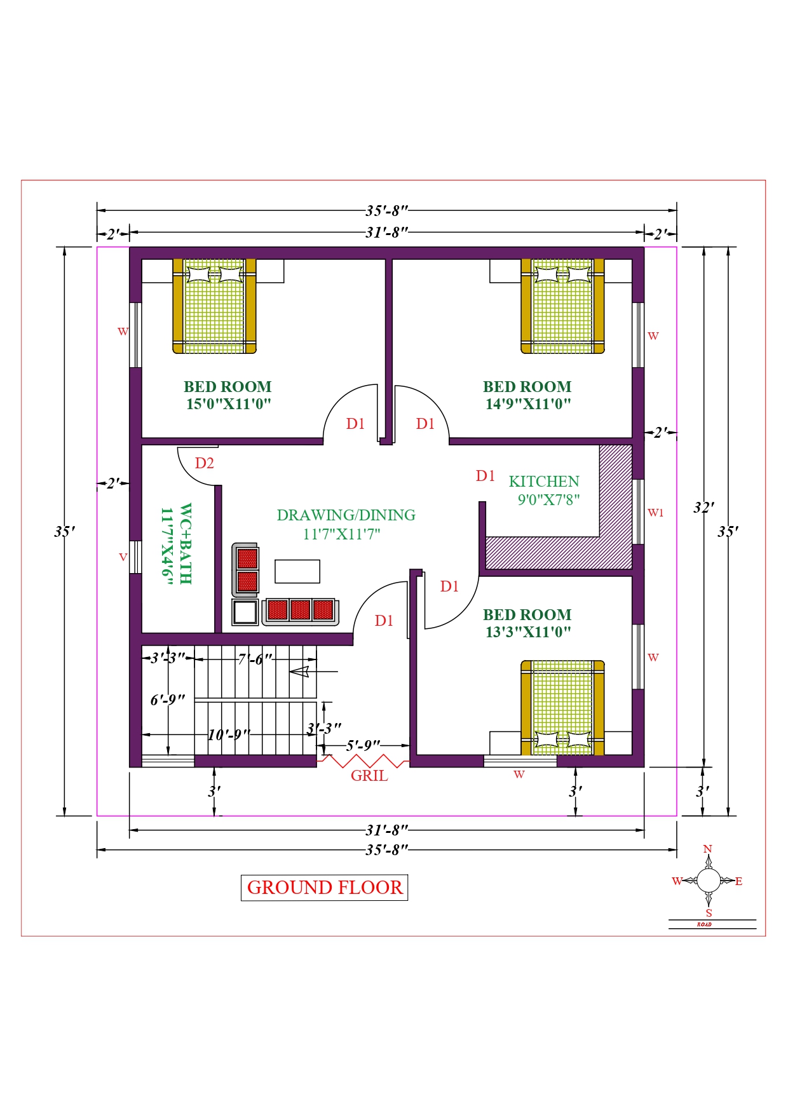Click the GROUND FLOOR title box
click(324, 888)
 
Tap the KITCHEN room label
click(544, 482)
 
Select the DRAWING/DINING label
click(346, 515)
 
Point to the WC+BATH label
click(186, 544)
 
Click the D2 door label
click(205, 463)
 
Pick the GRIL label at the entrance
click(369, 776)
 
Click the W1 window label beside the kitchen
click(656, 513)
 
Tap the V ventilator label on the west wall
click(123, 557)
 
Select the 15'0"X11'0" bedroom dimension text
click(229, 404)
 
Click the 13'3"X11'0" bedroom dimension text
click(528, 632)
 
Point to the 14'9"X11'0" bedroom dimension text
click(528, 404)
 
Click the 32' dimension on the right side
click(703, 508)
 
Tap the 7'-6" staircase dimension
click(255, 659)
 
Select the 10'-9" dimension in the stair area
click(229, 735)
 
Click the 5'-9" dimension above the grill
click(363, 745)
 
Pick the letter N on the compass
click(708, 849)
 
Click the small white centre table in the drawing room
click(297, 571)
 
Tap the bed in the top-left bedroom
click(215, 306)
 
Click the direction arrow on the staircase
click(314, 672)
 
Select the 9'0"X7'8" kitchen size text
click(548, 500)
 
